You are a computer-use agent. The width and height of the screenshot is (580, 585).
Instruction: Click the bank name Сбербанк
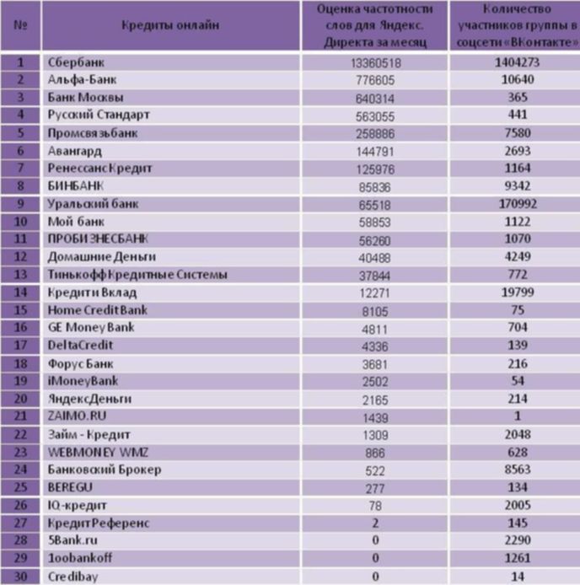click(x=76, y=62)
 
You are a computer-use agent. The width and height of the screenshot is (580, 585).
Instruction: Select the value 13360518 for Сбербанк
click(x=375, y=63)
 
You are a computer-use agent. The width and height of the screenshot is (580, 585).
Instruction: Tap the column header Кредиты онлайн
click(x=170, y=25)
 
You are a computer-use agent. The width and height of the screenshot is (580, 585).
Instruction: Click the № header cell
click(x=20, y=25)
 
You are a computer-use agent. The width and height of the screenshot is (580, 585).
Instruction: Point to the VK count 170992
click(x=518, y=204)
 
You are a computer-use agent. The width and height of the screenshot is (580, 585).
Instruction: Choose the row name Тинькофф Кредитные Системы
click(x=137, y=275)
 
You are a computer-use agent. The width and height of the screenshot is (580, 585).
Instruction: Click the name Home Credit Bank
click(x=98, y=310)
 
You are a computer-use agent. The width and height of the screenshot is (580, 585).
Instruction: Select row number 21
click(x=20, y=416)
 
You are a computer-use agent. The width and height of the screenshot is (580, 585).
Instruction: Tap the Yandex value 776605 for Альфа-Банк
click(x=375, y=81)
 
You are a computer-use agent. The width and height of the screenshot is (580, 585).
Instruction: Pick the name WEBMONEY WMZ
click(x=98, y=453)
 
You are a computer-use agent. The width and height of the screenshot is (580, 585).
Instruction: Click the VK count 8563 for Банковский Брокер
click(x=518, y=470)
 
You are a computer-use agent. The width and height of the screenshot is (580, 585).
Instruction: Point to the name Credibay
click(x=72, y=577)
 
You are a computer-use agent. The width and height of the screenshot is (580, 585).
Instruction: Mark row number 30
click(x=20, y=577)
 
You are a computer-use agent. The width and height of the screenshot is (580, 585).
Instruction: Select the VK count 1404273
click(x=518, y=62)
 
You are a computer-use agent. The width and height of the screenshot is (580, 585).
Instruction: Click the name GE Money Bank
click(x=91, y=328)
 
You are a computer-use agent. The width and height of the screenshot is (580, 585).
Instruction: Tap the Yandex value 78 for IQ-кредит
click(x=375, y=506)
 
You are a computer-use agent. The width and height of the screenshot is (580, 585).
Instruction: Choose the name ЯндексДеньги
click(x=89, y=400)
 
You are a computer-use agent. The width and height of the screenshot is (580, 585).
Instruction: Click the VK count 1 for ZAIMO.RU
click(x=518, y=416)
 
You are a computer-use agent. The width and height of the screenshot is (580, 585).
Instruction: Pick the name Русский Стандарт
click(x=99, y=115)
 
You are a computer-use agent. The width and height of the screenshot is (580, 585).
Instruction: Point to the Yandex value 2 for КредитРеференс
click(x=375, y=523)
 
